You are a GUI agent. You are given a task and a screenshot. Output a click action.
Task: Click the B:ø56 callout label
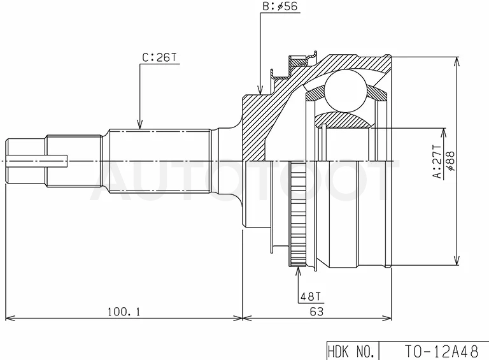(x=280, y=6)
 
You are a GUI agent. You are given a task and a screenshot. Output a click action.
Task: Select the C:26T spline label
(x=159, y=58)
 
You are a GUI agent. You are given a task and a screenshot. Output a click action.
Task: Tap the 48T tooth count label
(x=310, y=296)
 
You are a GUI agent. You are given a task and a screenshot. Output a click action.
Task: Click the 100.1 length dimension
(x=124, y=312)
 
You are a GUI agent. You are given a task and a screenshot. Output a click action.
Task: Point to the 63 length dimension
(x=316, y=312)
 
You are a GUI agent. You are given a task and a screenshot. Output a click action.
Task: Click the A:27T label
(x=437, y=162)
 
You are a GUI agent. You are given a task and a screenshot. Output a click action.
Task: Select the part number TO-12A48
(x=441, y=351)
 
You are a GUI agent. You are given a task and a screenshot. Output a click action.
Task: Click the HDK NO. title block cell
(x=351, y=352)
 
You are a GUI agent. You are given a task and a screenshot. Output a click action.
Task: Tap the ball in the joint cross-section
(x=345, y=90)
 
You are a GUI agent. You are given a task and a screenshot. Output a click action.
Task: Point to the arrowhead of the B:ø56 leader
(x=260, y=90)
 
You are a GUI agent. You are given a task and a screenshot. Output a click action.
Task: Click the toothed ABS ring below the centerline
(x=297, y=214)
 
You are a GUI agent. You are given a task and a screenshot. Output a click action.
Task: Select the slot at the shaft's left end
(x=37, y=161)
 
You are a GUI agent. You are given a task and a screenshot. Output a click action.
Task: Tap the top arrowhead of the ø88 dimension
(x=457, y=61)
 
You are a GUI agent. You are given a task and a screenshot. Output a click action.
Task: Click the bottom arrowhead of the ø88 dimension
(x=457, y=261)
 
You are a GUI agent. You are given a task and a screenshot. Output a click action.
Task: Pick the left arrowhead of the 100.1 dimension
(x=10, y=318)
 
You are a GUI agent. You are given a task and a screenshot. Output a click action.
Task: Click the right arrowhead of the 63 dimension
(x=387, y=318)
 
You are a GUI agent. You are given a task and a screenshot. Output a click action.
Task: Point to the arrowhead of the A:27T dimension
(x=443, y=133)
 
